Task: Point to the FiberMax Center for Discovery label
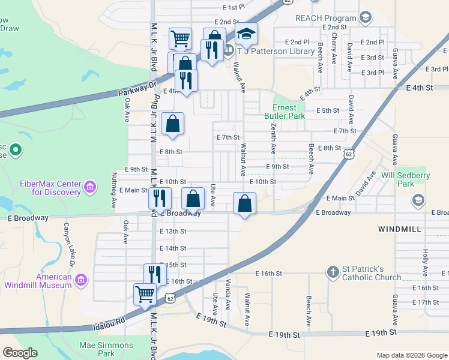tap(50, 188)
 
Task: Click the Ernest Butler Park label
tap(285, 112)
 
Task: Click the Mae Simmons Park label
tap(106, 349)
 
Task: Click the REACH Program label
tap(326, 18)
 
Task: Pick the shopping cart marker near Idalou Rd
tap(145, 295)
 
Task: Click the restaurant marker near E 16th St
tap(155, 274)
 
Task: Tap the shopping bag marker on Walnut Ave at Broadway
tap(244, 203)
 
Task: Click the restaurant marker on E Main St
tap(160, 198)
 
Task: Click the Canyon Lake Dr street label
tap(70, 245)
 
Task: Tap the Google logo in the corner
tap(20, 353)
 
